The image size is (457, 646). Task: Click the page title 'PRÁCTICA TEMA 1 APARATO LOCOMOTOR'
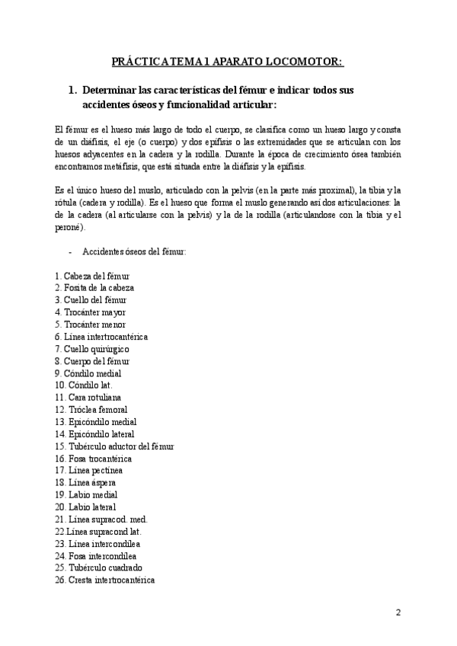click(x=228, y=61)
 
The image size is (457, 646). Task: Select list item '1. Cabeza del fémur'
click(x=92, y=275)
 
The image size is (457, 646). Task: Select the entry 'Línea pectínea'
click(x=89, y=470)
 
